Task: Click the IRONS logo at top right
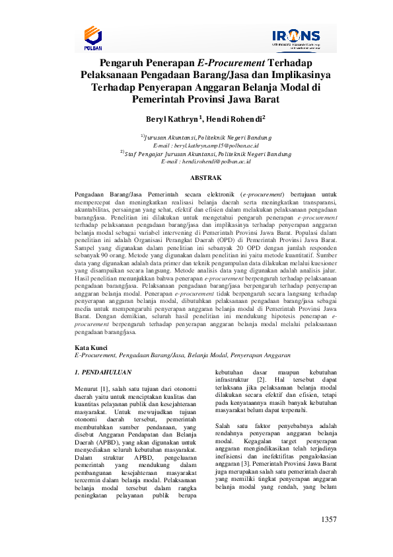click(295, 38)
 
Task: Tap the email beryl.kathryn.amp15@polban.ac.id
click(215, 144)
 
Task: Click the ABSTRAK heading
click(205, 178)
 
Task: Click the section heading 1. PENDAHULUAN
click(103, 372)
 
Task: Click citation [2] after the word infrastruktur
click(261, 380)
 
